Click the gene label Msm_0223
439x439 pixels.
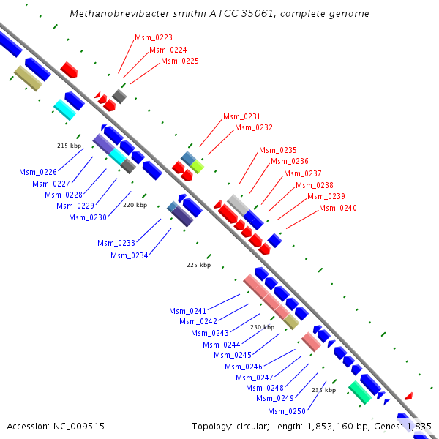point(154,37)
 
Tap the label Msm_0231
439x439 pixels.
point(241,116)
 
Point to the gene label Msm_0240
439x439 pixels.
point(338,209)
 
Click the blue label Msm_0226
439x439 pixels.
point(38,173)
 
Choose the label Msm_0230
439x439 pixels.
point(88,217)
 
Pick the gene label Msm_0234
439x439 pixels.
point(130,255)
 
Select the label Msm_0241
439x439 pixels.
point(188,311)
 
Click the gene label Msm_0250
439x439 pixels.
point(287,411)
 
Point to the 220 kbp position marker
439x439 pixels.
point(135,205)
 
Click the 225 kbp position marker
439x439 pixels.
point(198,265)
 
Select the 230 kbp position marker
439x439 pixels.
point(262,327)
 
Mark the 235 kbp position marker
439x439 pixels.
point(323,390)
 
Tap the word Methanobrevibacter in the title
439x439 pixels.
point(114,14)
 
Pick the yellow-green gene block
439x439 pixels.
point(197,166)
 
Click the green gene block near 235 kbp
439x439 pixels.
point(359,392)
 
